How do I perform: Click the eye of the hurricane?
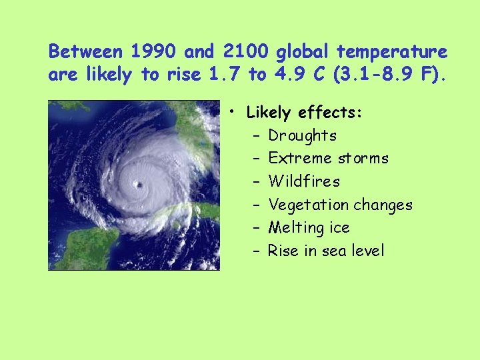(139, 183)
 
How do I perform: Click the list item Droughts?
(302, 135)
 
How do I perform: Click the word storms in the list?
(363, 159)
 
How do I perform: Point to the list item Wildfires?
(304, 181)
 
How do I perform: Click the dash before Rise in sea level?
(257, 251)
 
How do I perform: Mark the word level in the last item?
(368, 251)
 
